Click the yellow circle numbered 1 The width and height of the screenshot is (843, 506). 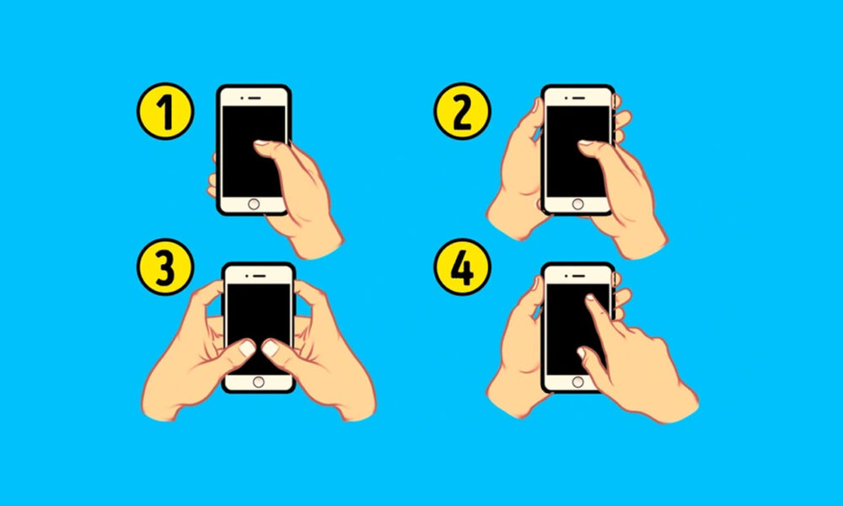(x=165, y=111)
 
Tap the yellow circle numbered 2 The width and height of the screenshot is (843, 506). (x=462, y=111)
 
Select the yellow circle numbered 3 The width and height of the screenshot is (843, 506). (x=165, y=266)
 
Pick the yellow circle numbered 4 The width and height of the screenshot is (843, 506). (x=462, y=266)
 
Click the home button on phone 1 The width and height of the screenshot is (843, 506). (x=254, y=204)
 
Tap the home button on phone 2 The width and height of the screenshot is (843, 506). (x=578, y=204)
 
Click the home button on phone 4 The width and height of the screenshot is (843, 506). (x=578, y=382)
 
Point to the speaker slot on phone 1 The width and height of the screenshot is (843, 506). (x=255, y=98)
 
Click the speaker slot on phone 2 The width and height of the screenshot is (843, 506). (x=578, y=98)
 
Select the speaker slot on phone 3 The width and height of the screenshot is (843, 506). (x=259, y=276)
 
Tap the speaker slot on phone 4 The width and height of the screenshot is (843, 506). (x=578, y=276)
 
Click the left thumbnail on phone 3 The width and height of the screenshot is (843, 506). (x=247, y=348)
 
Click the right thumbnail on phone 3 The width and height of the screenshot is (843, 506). (x=270, y=348)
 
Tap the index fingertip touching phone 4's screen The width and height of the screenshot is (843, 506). (x=590, y=298)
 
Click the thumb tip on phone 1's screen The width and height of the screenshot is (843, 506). (x=261, y=143)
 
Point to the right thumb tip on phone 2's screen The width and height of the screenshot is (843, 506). (x=586, y=143)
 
